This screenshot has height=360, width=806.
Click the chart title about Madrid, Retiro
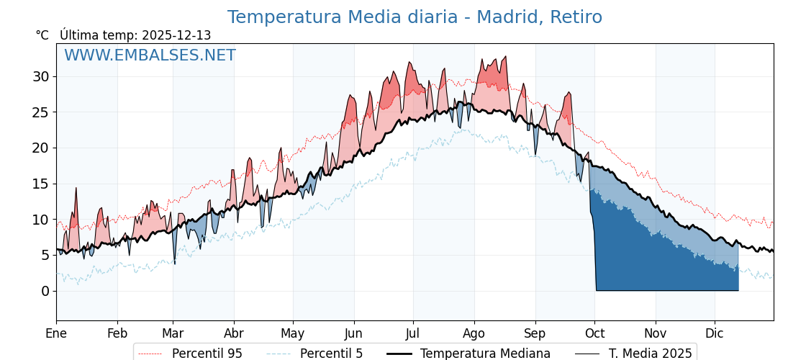coord(415,17)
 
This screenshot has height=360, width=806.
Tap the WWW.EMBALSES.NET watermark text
coord(150,55)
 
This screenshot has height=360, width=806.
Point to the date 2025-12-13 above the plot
coord(176,35)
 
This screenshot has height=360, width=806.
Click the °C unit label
coord(42,35)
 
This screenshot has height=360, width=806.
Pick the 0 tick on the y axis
coord(45,291)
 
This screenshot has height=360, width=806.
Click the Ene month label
coord(56,333)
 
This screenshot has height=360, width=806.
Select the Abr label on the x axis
coord(234,333)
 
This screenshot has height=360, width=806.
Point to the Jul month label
coord(413,333)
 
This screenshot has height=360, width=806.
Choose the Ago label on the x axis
coord(474,333)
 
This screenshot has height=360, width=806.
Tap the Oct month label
coord(594,333)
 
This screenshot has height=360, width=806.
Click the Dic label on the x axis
coord(715,333)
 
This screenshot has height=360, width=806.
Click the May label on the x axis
coord(293,333)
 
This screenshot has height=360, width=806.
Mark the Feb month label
coord(117,333)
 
